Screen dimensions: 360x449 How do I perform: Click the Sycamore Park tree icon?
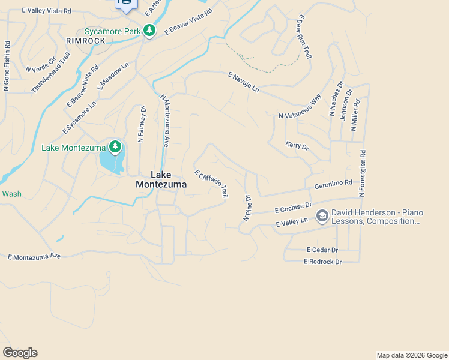pyautogui.click(x=149, y=31)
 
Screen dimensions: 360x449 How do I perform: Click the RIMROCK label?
pyautogui.click(x=85, y=41)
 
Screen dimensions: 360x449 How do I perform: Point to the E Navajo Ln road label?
pyautogui.click(x=243, y=82)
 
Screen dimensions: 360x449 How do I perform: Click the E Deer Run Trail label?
pyautogui.click(x=303, y=38)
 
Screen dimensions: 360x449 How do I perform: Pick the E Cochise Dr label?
pyautogui.click(x=293, y=208)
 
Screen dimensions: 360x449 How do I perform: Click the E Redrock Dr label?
pyautogui.click(x=322, y=262)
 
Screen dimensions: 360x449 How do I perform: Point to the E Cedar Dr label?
pyautogui.click(x=322, y=250)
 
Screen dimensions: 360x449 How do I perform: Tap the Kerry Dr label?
pyautogui.click(x=297, y=146)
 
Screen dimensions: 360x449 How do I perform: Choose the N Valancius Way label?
pyautogui.click(x=300, y=107)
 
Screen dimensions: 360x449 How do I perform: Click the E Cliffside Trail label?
pyautogui.click(x=211, y=183)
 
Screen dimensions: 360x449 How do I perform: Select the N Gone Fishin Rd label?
pyautogui.click(x=7, y=66)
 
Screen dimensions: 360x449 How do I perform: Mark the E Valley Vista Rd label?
pyautogui.click(x=46, y=11)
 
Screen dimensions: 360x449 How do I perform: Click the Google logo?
pyautogui.click(x=20, y=353)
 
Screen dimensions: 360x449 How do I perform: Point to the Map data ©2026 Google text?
pyautogui.click(x=411, y=355)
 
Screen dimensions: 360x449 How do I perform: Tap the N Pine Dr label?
pyautogui.click(x=247, y=208)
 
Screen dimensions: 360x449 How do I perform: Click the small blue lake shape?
pyautogui.click(x=109, y=160)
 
